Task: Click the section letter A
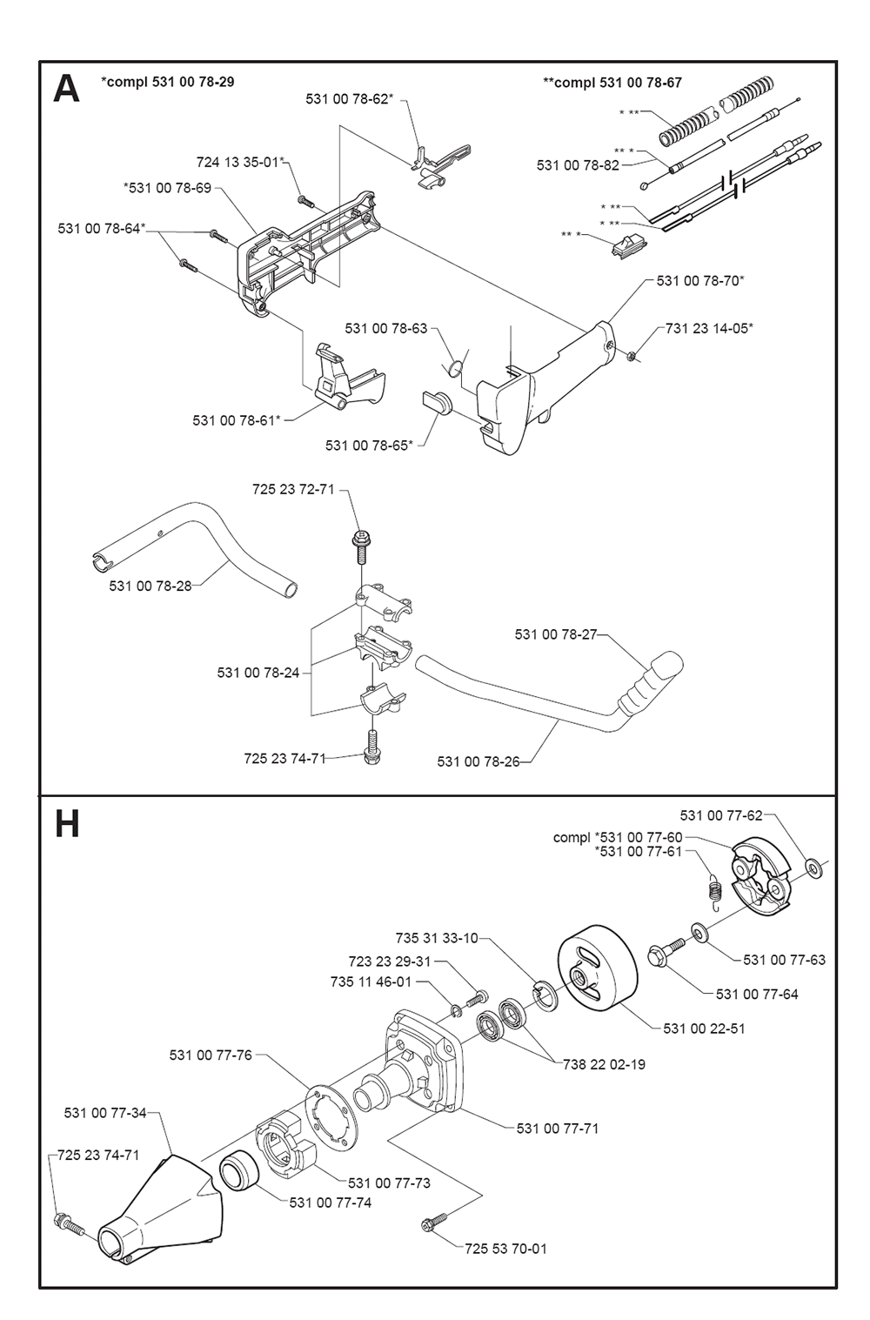point(66,90)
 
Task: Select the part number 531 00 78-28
point(150,586)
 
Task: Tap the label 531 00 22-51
point(704,1029)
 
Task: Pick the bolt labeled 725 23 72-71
point(359,547)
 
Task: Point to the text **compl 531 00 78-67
point(612,83)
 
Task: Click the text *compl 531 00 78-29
point(167,82)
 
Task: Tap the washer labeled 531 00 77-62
point(815,868)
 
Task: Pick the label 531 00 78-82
point(578,165)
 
